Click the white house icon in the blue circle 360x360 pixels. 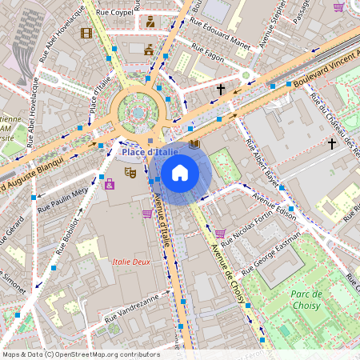180,173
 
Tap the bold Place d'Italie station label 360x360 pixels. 150,152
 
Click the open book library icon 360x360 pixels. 194,145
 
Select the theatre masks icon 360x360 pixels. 130,171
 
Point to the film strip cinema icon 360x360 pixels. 86,34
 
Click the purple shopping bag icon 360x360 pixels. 110,185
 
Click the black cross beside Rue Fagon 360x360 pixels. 221,90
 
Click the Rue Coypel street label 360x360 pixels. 114,12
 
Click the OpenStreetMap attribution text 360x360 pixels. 81,354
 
